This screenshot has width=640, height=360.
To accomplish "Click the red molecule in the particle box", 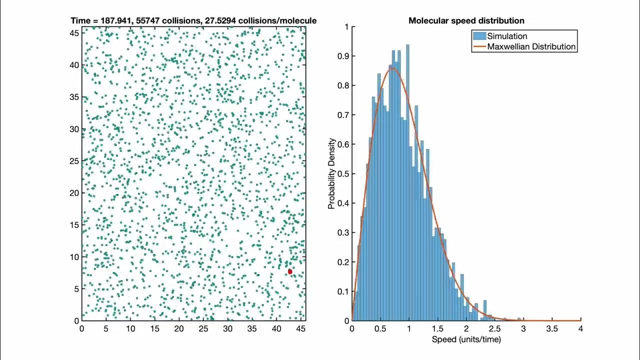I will click(289, 271).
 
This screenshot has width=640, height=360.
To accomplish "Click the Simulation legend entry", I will click(507, 36).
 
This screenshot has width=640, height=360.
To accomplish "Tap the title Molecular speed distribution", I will click(466, 20).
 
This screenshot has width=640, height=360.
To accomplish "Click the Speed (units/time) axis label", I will click(466, 339).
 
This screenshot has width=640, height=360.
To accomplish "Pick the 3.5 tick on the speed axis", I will click(552, 328).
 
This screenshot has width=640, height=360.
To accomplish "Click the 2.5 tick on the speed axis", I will click(495, 328).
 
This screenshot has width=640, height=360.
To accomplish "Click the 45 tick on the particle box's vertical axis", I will click(74, 33).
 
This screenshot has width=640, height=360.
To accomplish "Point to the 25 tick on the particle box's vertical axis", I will click(74, 161).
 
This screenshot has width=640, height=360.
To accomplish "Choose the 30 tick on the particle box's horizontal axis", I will click(228, 328).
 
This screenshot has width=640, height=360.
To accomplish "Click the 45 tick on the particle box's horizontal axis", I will click(301, 328).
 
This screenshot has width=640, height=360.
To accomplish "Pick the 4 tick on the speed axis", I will click(581, 328).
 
